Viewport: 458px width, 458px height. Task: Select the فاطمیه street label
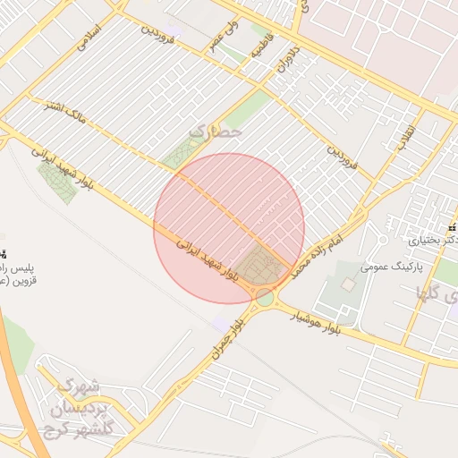[257, 47]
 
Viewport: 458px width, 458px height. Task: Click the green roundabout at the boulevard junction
[264, 297]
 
